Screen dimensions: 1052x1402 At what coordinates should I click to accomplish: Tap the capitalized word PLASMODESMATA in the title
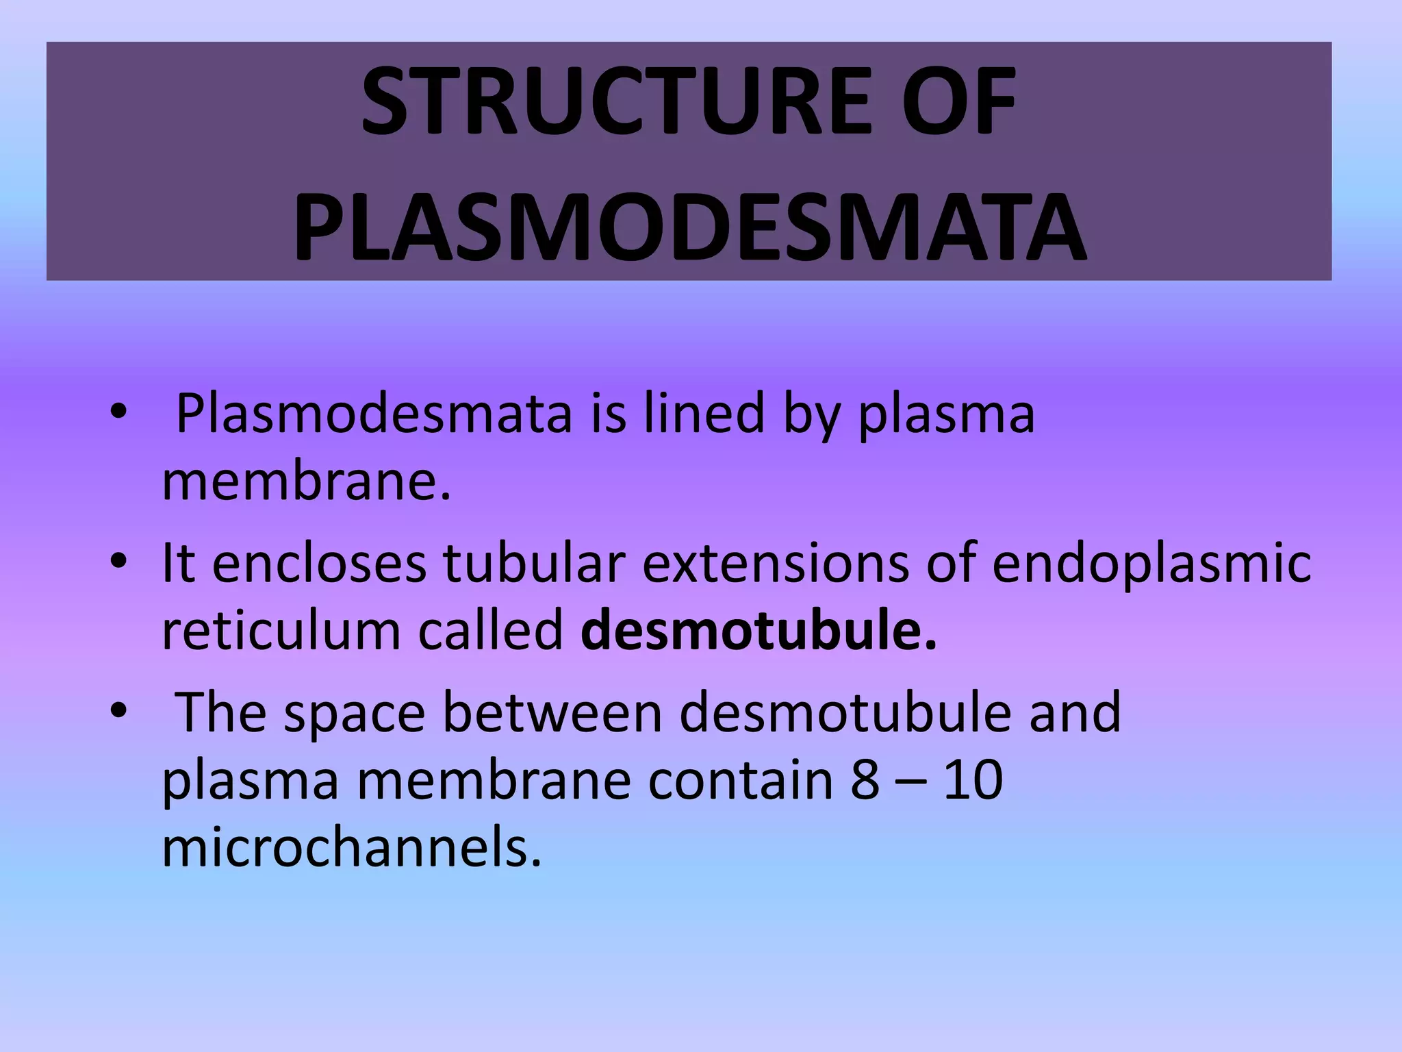(x=689, y=227)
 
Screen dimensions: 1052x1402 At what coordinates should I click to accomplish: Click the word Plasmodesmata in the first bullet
(x=374, y=414)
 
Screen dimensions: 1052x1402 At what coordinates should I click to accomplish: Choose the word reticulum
(x=281, y=631)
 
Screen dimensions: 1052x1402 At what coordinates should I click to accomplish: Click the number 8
(x=865, y=780)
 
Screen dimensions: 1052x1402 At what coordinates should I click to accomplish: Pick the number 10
(x=973, y=780)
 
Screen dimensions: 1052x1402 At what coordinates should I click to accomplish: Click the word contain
(x=740, y=780)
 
